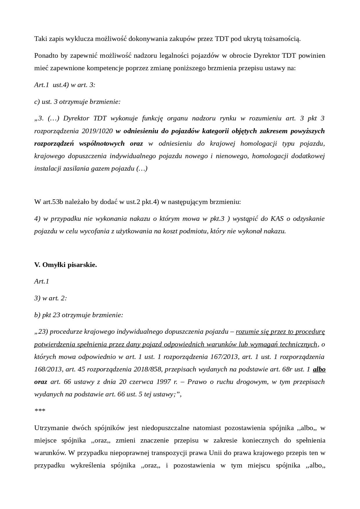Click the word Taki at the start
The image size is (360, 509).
[x=40, y=39]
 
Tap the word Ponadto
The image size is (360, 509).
[x=46, y=55]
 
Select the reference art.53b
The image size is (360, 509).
[x=53, y=202]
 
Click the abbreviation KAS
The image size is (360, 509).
[x=277, y=219]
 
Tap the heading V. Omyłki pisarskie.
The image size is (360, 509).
[x=66, y=265]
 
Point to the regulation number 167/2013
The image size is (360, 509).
[x=224, y=357]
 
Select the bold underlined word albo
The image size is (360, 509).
[x=319, y=369]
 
